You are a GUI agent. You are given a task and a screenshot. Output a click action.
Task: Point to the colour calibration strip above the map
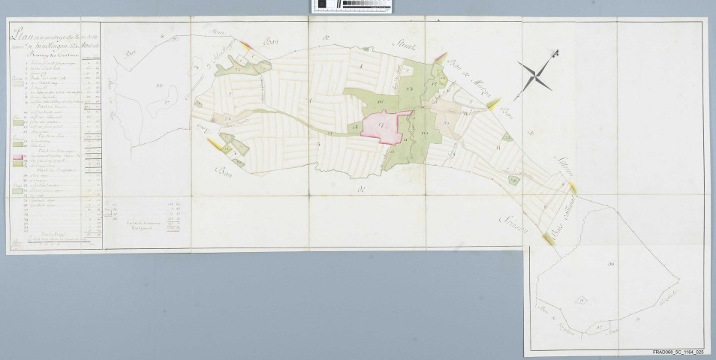point(351,6)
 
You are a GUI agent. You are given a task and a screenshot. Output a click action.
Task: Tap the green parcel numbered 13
point(408,89)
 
